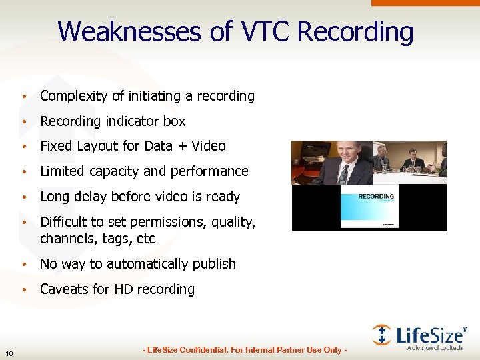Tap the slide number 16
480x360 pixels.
click(9, 353)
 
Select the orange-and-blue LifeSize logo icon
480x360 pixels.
click(381, 335)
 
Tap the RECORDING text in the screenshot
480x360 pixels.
click(376, 197)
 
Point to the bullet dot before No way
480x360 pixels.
click(24, 265)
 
